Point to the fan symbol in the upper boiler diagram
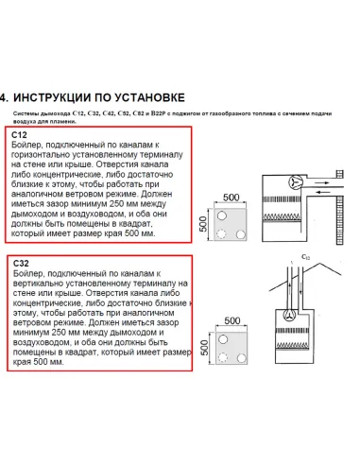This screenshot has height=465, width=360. point(270,182)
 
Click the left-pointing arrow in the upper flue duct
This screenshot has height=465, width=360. point(311,187)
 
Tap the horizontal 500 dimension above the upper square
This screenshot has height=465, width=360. point(231,197)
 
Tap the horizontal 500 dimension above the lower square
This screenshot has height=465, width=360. point(231,321)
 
